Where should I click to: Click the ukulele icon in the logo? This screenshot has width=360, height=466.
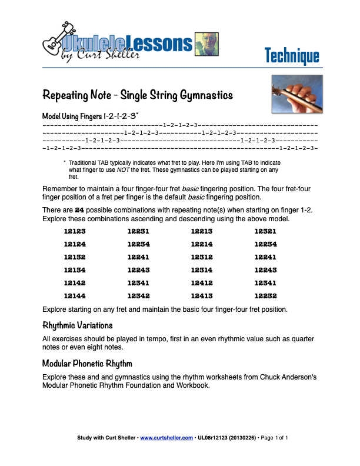(x=58, y=39)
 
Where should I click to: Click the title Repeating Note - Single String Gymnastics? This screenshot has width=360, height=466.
(x=138, y=95)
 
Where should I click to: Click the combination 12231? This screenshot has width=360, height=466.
(x=138, y=231)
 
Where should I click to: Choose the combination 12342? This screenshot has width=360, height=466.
(x=138, y=296)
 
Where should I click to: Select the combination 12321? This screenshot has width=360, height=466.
(x=265, y=231)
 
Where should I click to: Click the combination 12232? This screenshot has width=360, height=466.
(x=265, y=296)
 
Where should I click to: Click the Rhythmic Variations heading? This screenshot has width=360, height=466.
(x=78, y=325)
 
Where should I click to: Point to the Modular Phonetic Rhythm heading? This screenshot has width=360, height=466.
(x=88, y=363)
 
